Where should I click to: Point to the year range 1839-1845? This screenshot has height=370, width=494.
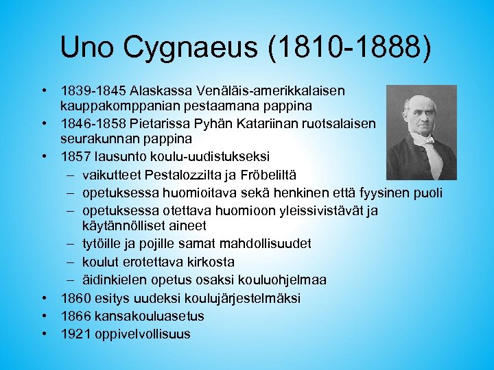(93, 90)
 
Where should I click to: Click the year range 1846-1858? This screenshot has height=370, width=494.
(93, 123)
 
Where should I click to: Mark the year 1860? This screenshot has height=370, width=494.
(74, 298)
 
